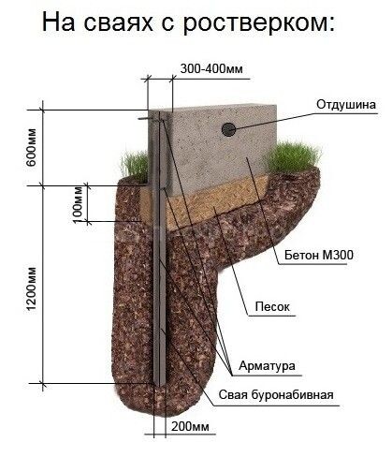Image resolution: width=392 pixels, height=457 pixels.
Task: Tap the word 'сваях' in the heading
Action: tap(119, 23)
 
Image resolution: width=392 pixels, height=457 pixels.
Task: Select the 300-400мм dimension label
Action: tap(211, 68)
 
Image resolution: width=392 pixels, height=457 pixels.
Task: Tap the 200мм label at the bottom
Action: tap(190, 427)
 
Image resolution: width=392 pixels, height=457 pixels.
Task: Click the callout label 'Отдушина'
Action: tap(346, 105)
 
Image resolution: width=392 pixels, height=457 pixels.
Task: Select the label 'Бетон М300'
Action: tap(319, 256)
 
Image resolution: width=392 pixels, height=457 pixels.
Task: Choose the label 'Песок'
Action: tap(272, 306)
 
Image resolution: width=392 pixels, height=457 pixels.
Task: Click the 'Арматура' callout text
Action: tap(267, 365)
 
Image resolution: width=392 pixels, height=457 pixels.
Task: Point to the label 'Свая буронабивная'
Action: tap(276, 395)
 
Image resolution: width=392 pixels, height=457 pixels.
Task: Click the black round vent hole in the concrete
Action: tap(228, 129)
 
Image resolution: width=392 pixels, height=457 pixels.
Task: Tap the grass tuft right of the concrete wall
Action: tap(294, 157)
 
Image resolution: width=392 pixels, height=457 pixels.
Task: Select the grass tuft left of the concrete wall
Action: tap(135, 166)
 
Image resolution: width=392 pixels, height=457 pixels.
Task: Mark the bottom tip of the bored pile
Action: tap(160, 385)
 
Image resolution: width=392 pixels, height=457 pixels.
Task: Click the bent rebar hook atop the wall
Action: tap(148, 119)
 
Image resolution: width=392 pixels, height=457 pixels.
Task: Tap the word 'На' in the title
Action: tap(58, 23)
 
